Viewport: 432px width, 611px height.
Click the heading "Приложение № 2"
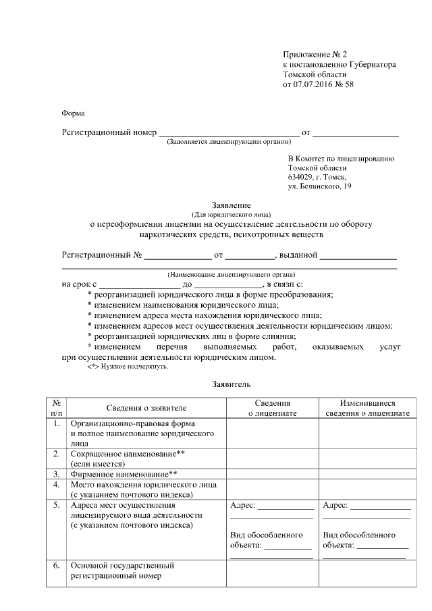pos(314,54)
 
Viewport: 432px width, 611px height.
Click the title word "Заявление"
pos(232,205)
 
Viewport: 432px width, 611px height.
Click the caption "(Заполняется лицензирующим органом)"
pos(229,142)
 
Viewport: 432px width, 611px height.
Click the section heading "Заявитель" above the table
pos(232,385)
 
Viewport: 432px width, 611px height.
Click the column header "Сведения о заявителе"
pos(146,408)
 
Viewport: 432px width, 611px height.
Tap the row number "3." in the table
pos(57,475)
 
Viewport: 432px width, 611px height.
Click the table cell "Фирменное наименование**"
pos(124,475)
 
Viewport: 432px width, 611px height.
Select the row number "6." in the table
pos(57,565)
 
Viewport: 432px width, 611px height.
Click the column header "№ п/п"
pos(57,407)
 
